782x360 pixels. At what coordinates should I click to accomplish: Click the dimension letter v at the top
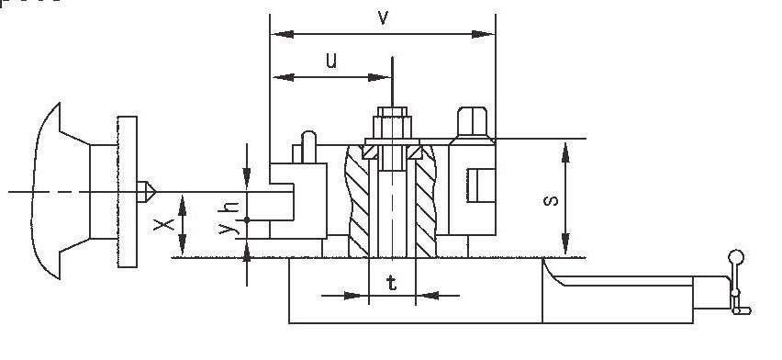coord(383,17)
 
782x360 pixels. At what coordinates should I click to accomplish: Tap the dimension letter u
coord(331,62)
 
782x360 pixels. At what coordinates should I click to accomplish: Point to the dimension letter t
coord(392,284)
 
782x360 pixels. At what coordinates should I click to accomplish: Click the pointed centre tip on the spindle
coord(146,192)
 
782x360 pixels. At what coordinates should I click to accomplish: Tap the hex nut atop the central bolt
coord(392,121)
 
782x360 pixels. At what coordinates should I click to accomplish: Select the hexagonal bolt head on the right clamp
coord(472,120)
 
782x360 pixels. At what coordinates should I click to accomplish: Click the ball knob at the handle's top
coord(735,258)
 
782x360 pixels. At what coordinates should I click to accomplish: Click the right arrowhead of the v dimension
coord(487,35)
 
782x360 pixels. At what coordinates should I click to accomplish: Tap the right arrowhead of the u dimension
coord(384,78)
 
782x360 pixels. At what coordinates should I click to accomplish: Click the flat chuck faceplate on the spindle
coord(128,192)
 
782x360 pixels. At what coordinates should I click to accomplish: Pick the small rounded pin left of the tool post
coord(307,145)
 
